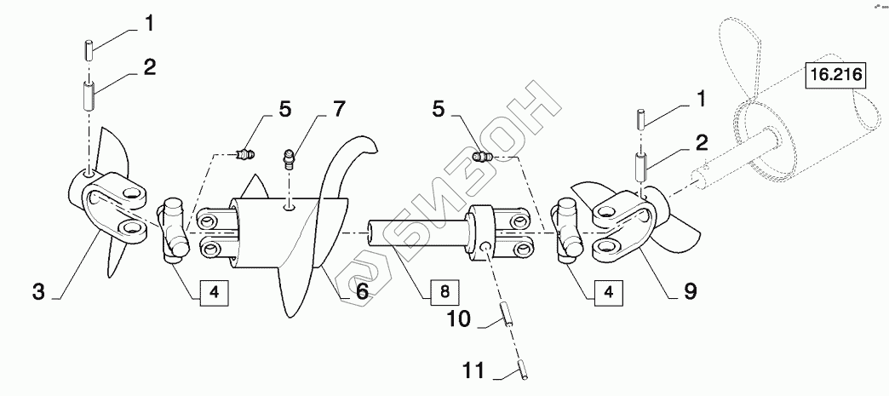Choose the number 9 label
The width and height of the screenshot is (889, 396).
click(x=690, y=292)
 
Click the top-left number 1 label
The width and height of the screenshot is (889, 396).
click(x=149, y=24)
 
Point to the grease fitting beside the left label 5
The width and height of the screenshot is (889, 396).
click(x=248, y=154)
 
